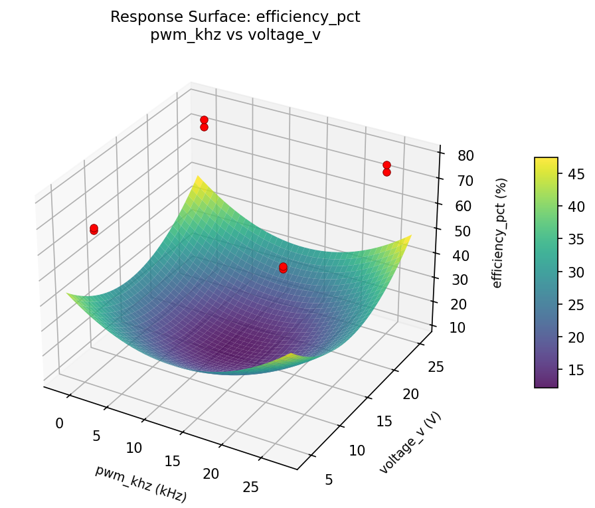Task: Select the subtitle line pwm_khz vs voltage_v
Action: point(235,35)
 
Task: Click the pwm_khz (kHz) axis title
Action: point(141,483)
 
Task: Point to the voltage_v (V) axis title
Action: point(410,442)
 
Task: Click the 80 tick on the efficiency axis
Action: point(466,156)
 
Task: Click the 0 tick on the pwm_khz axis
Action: point(60,424)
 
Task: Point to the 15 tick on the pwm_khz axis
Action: point(172,461)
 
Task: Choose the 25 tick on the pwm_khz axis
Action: point(251,487)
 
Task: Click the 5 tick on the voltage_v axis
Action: point(329,479)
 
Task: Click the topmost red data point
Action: point(204,120)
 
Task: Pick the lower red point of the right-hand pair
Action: point(386,173)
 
